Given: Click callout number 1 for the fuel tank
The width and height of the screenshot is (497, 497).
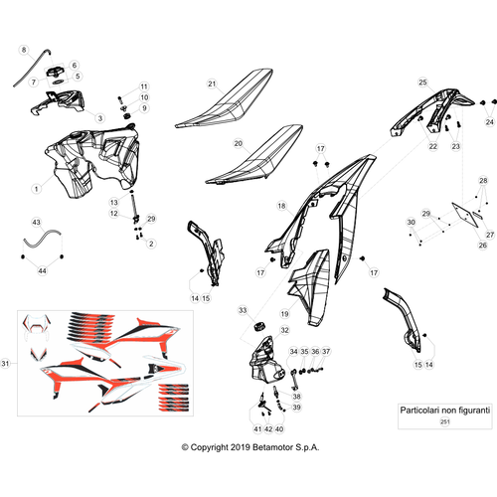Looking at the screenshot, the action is (37, 189).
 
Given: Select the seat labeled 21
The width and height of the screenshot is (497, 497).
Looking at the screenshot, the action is (225, 98).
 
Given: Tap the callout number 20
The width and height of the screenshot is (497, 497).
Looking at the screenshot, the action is (239, 143).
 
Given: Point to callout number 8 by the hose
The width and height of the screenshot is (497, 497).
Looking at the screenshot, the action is (24, 50).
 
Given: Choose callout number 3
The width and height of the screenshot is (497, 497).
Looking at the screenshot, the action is (100, 118).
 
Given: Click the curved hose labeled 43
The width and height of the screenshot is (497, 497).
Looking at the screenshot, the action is (43, 237).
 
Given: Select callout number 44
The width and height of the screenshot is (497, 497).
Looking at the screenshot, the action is (42, 271).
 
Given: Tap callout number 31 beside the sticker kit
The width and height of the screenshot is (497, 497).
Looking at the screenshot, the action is (5, 363).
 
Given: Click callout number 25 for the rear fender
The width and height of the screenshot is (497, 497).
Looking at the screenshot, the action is (422, 83).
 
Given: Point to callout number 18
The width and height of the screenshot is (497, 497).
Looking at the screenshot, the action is (281, 206).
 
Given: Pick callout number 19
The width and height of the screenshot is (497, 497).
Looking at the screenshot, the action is (284, 313).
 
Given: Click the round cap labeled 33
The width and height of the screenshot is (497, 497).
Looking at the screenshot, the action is (259, 326).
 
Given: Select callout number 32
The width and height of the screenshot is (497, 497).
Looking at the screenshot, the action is (284, 330).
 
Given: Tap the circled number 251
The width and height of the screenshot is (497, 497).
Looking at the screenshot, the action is (445, 421).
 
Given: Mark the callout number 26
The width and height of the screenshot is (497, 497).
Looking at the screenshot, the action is (483, 246).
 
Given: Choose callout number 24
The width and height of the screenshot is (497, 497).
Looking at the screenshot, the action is (490, 122).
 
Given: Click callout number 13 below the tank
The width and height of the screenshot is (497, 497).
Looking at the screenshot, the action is (113, 202).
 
